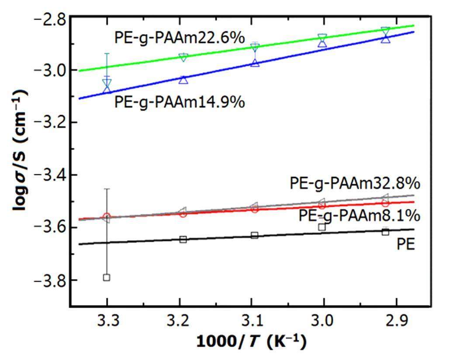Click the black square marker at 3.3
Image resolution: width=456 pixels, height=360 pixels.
[106, 277]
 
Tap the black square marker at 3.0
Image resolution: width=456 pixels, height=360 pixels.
[322, 227]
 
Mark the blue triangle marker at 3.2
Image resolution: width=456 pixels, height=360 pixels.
[183, 80]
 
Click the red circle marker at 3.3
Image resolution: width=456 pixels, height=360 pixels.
[106, 216]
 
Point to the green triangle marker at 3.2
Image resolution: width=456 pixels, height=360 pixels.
[183, 57]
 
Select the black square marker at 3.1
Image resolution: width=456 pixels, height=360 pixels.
[255, 235]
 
